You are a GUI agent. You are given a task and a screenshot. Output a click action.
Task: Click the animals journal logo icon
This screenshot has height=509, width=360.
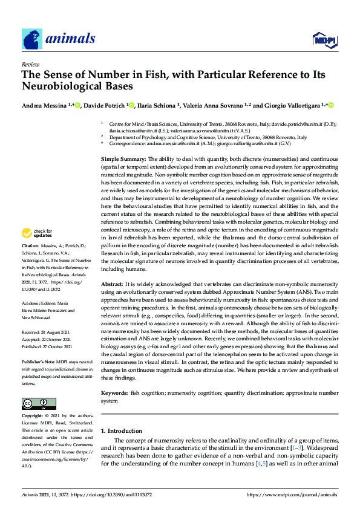coord(31,39)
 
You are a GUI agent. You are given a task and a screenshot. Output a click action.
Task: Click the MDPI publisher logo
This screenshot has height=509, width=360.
coord(324,40)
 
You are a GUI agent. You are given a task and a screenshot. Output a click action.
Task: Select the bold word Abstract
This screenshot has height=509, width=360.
coord(112,284)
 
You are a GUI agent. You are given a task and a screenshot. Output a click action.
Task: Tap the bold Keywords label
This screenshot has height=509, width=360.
coord(115,393)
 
